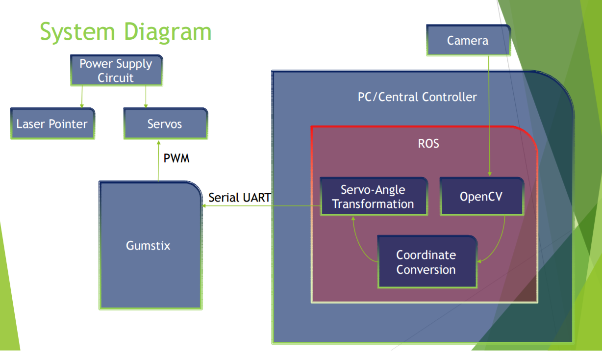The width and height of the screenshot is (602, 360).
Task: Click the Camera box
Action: click(x=468, y=40)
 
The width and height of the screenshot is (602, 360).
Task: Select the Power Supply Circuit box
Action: click(x=116, y=71)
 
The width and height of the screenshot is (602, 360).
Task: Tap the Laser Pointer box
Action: click(x=52, y=124)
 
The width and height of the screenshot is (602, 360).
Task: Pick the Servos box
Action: click(x=165, y=124)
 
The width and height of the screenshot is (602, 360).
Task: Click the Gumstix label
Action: click(x=148, y=245)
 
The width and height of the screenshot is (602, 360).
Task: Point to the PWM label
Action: click(x=176, y=158)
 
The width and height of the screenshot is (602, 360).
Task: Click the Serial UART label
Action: click(x=239, y=198)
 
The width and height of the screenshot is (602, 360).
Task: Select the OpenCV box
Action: click(x=482, y=196)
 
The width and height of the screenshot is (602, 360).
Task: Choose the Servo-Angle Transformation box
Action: click(x=374, y=196)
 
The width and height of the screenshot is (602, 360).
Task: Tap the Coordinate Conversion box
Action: click(x=427, y=262)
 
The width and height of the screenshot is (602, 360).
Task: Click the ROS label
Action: click(x=428, y=143)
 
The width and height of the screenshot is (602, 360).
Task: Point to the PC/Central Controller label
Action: click(x=417, y=97)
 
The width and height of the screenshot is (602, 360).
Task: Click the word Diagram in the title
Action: click(x=168, y=32)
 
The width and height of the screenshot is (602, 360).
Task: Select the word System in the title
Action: click(x=77, y=32)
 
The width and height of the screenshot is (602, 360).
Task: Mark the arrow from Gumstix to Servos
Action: click(x=158, y=161)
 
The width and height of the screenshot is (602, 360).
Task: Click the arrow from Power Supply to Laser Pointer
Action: click(x=82, y=97)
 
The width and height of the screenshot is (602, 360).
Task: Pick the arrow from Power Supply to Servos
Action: click(x=146, y=97)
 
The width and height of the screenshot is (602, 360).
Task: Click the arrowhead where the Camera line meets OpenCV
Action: click(x=490, y=174)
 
